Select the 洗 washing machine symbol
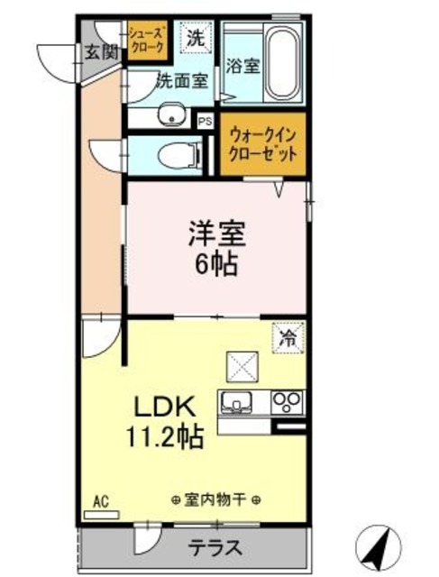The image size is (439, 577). (x=195, y=39)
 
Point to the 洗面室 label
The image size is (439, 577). (x=183, y=79)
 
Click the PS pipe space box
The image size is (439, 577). (x=205, y=119)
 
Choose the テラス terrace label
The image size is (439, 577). (x=215, y=547)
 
